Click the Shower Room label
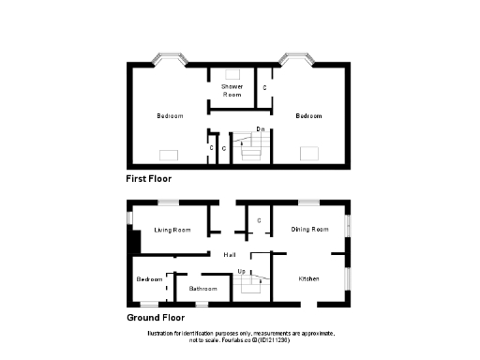[232, 90]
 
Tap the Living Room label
[172, 230]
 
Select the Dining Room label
[309, 229]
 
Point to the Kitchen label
[309, 279]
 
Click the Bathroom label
[202, 289]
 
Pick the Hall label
[229, 254]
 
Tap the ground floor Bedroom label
[149, 279]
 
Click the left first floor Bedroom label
[170, 116]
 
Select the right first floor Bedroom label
[309, 116]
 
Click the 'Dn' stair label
[261, 128]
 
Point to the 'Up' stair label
[241, 272]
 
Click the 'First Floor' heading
[149, 177]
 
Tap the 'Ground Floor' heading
[154, 317]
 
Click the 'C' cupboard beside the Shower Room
[264, 87]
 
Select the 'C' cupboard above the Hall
[258, 221]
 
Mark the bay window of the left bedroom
[169, 59]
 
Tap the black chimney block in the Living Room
[137, 241]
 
